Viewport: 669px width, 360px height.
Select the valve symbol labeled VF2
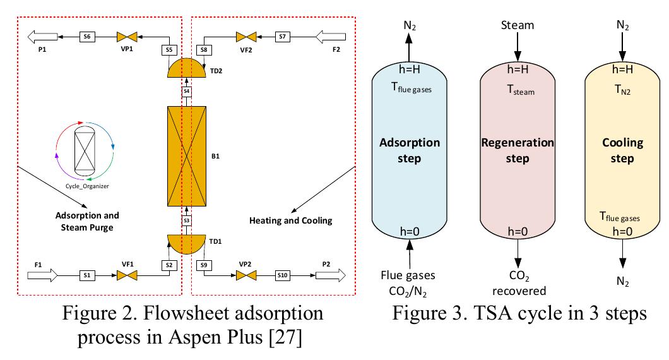coord(246,37)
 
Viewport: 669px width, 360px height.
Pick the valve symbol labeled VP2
coord(246,275)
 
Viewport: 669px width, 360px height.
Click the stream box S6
coord(88,37)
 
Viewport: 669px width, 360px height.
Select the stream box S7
coord(283,37)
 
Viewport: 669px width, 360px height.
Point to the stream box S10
coord(283,275)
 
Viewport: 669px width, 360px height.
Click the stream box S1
coord(88,275)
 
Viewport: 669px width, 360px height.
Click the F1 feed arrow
coord(42,275)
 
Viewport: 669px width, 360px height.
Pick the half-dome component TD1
coord(187,244)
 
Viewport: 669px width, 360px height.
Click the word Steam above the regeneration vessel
coord(517,25)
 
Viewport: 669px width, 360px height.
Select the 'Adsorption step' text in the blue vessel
coord(410,150)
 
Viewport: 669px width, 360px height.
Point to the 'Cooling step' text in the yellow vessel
coord(622,150)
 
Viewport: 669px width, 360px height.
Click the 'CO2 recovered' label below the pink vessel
coord(517,283)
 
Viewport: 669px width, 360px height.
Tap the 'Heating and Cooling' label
coord(290,220)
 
